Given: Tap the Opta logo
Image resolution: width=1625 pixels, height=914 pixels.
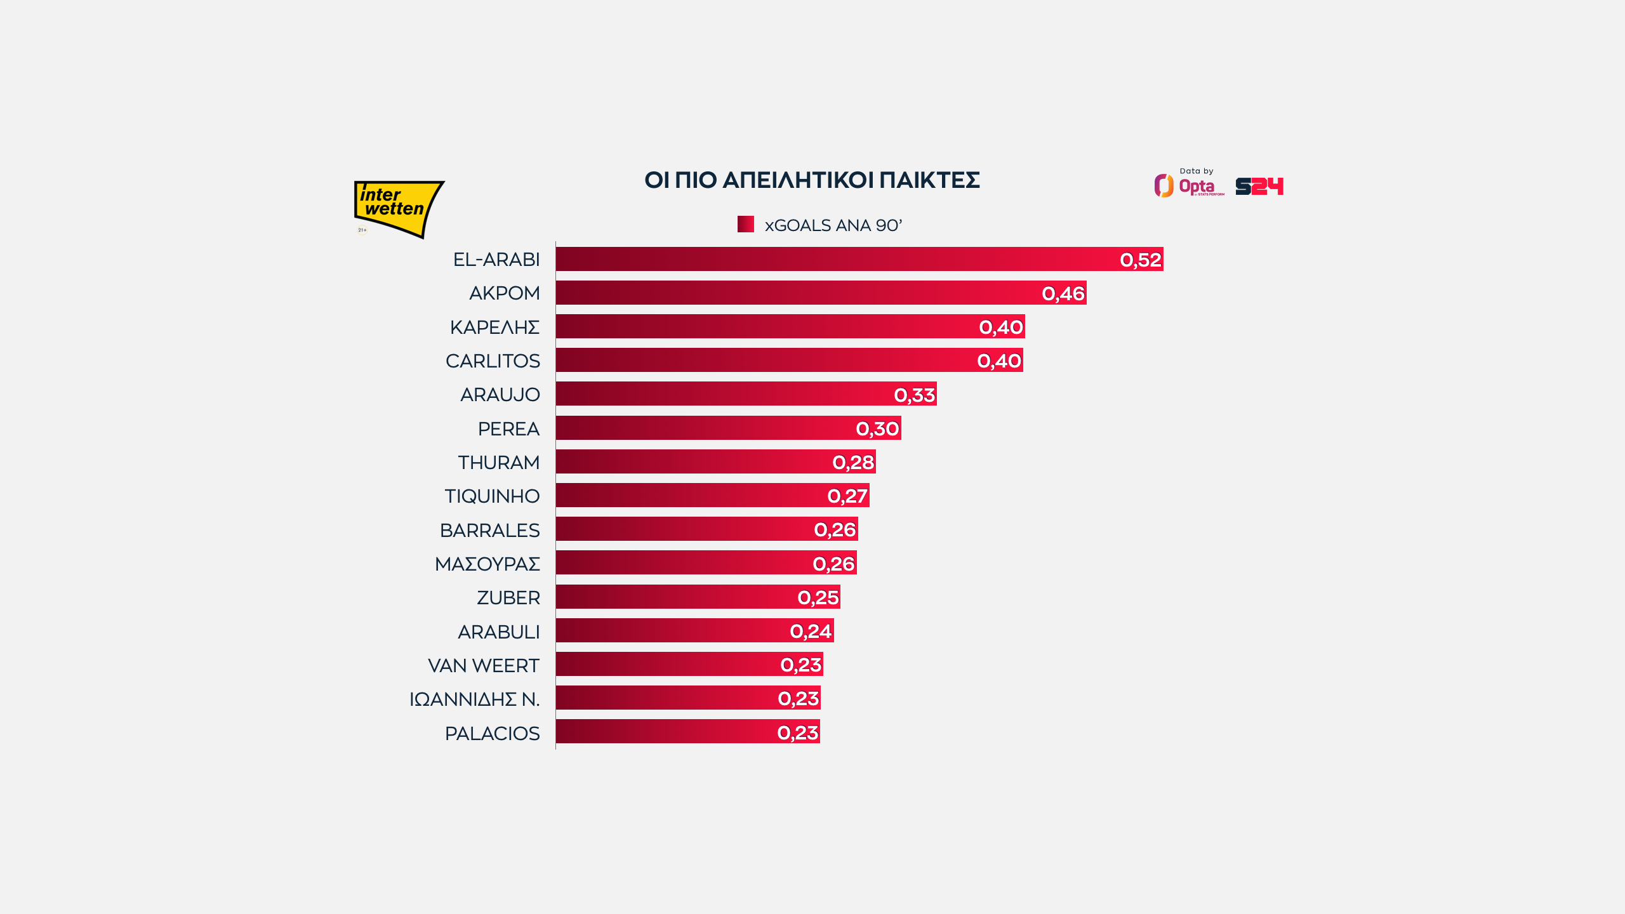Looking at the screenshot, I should tap(1188, 186).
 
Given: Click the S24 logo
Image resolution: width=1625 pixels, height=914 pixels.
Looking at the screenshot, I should tap(1259, 186).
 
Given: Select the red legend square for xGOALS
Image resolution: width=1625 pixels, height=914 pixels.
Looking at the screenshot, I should tap(745, 224).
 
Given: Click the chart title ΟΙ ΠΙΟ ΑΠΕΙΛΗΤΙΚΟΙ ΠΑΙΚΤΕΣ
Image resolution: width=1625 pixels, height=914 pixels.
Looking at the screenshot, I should tap(812, 180).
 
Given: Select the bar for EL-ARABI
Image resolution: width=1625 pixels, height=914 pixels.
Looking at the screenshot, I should tap(825, 259).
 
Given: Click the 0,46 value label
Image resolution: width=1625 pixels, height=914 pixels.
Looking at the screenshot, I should tap(1063, 293).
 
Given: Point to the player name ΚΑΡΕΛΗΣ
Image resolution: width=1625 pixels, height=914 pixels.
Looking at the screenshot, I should tap(494, 327).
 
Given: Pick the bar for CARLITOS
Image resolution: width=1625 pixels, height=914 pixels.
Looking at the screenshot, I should tap(762, 361).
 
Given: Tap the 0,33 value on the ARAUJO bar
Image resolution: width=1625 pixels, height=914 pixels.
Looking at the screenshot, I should tap(915, 395).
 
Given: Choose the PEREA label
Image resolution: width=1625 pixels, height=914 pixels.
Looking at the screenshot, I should tap(508, 428).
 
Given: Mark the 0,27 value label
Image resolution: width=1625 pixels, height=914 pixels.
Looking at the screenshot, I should tap(847, 496).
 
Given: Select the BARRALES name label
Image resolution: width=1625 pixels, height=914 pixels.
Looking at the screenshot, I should tap(489, 530).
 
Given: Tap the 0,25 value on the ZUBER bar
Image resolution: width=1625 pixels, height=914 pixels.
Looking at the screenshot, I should tap(818, 597).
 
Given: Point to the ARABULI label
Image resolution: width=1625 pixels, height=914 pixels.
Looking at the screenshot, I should tap(498, 632).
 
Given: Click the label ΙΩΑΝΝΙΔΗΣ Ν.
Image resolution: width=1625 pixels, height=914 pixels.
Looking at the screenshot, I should tap(474, 699).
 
